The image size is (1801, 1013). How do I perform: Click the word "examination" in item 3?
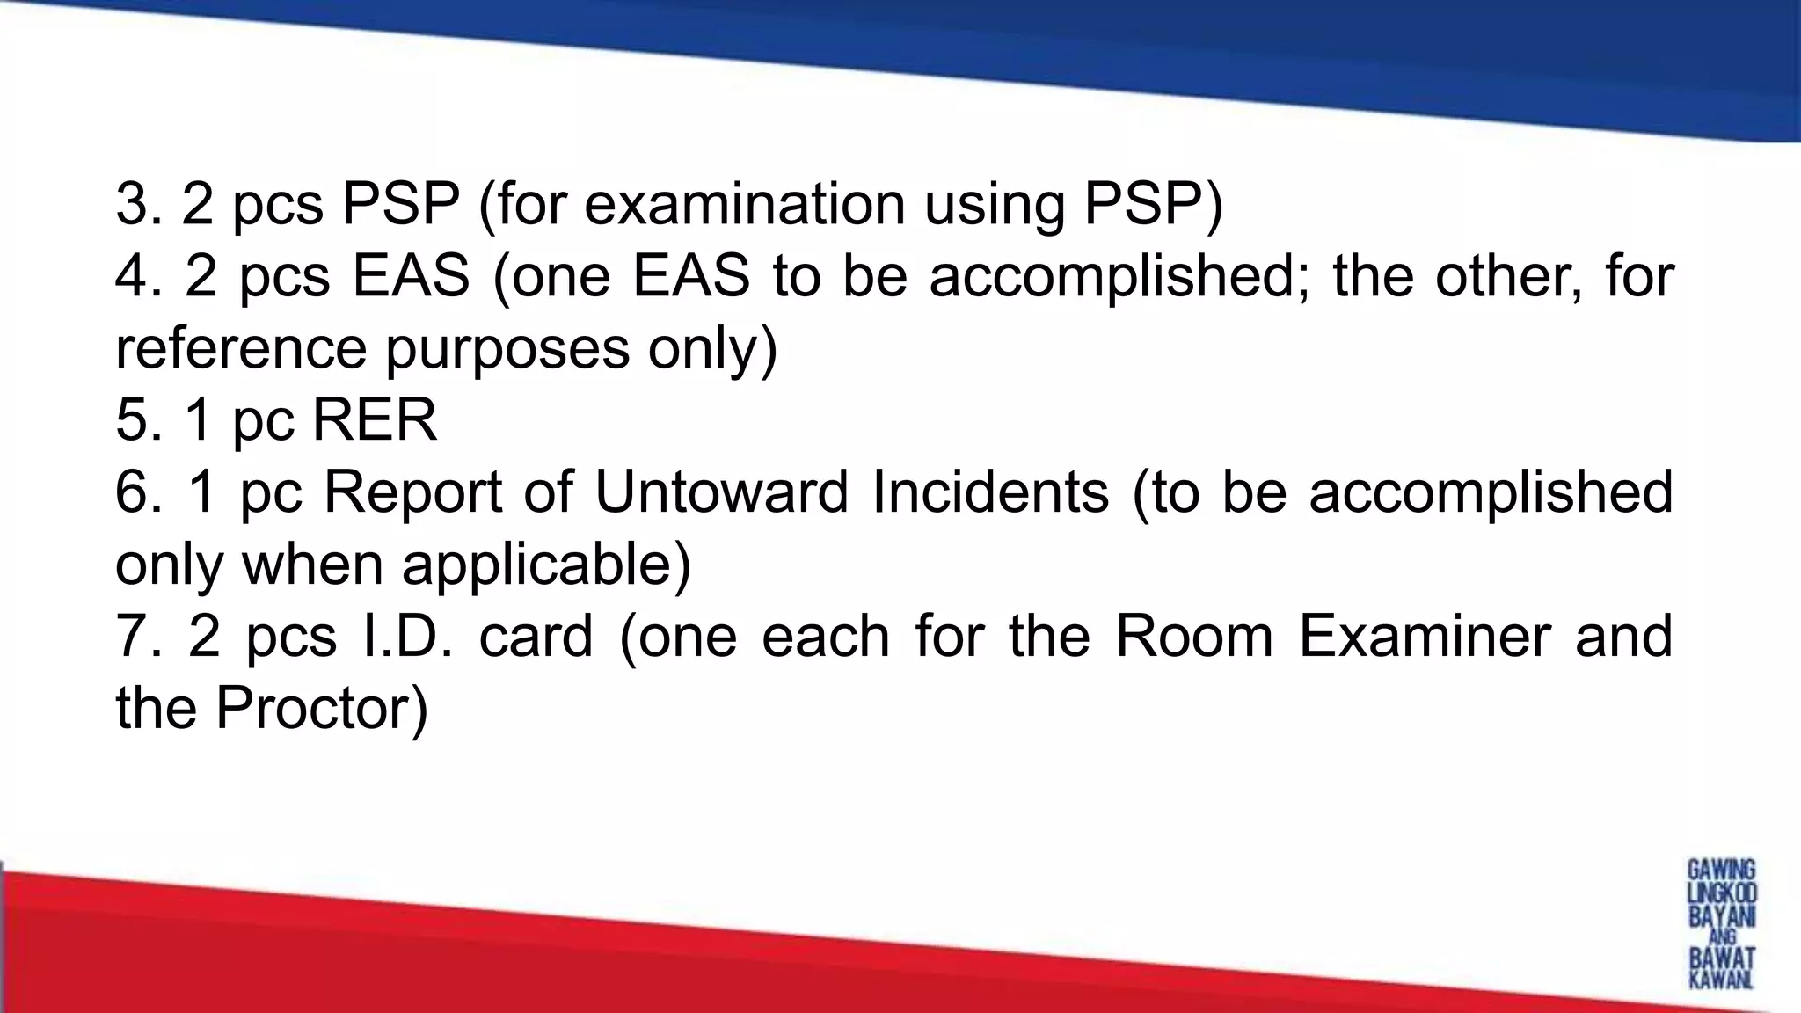744,205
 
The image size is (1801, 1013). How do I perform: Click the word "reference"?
240,348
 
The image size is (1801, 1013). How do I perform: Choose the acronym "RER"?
374,420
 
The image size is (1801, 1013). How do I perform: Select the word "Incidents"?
990,492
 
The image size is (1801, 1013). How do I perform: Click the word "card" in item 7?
536,636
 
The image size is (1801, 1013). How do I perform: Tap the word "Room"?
1194,636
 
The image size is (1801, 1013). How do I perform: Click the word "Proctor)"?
322,708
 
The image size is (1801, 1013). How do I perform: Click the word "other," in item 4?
1510,276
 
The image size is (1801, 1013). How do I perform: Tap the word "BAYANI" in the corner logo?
1722,916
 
